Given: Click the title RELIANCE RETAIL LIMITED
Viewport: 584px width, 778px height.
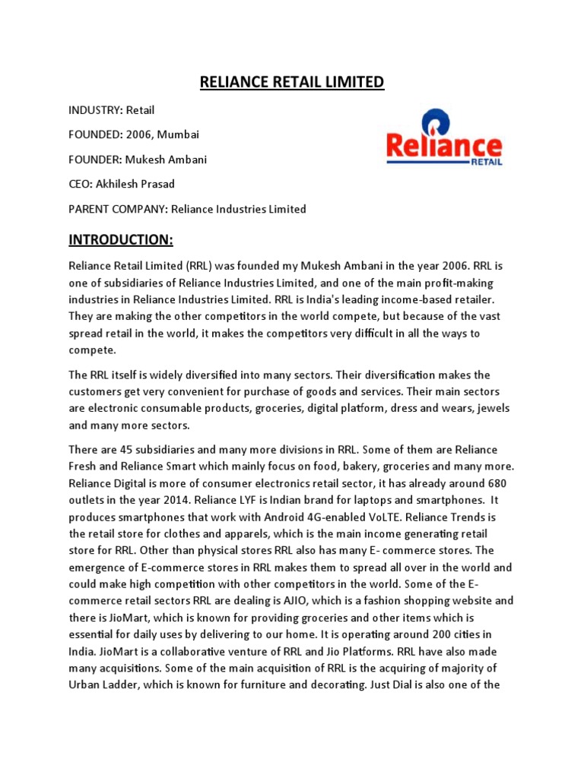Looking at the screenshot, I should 292,82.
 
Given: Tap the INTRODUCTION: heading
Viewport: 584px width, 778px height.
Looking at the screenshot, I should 121,241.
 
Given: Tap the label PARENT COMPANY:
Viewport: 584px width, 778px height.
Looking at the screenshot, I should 118,209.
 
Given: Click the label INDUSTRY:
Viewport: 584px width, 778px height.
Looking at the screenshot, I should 96,111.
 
